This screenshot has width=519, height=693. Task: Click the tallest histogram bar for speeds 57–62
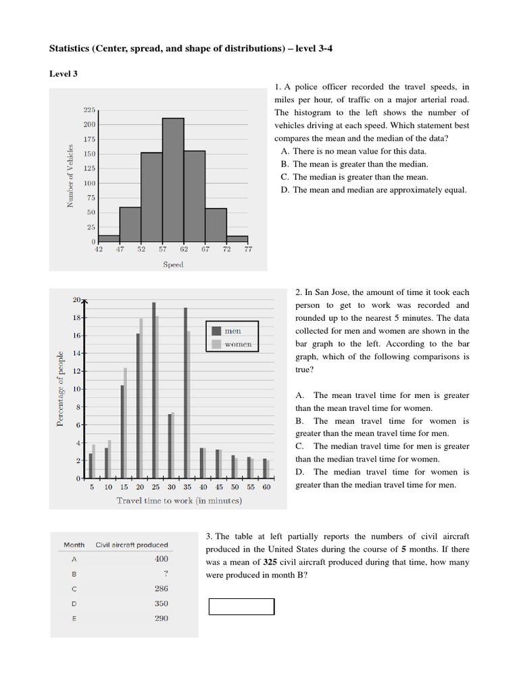pos(173,180)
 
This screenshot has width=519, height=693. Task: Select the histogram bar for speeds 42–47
pos(109,238)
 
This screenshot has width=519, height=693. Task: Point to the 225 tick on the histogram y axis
pos(89,110)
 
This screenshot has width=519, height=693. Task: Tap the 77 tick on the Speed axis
pos(248,250)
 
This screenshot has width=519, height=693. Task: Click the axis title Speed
pos(173,265)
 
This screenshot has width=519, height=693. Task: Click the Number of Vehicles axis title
pos(70,176)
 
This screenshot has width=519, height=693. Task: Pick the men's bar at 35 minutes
pos(185,393)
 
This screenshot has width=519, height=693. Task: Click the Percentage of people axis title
pos(60,388)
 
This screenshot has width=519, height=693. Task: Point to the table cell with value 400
pos(161,559)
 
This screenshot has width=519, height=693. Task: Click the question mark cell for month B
pos(165,574)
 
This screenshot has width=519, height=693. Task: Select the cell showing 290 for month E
pos(161,619)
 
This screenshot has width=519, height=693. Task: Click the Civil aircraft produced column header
pos(132,545)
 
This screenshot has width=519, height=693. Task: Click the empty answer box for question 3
pos(241,606)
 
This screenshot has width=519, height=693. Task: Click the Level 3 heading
pos(64,74)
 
